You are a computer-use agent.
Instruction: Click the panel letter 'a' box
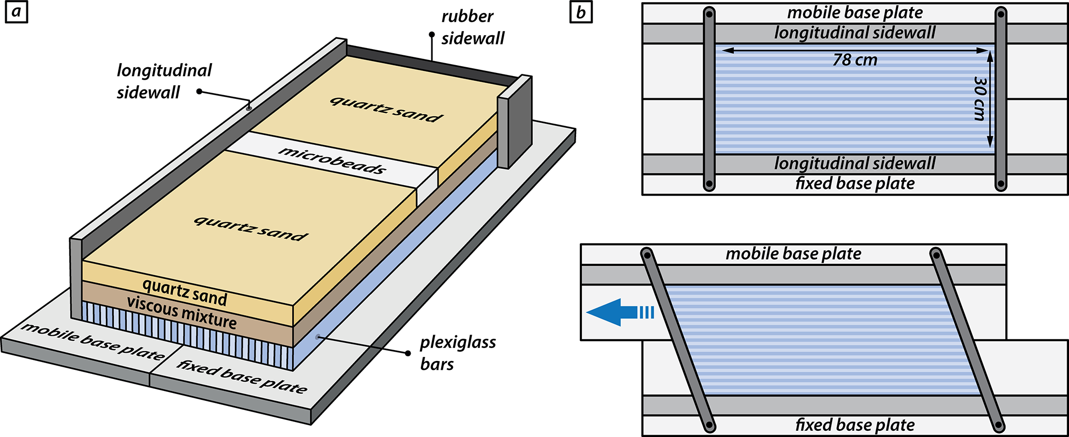(17, 12)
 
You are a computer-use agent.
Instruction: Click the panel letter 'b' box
(581, 12)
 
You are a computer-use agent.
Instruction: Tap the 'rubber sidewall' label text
(473, 27)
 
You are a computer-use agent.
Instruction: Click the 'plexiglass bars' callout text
(458, 353)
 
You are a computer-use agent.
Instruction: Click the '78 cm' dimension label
(855, 60)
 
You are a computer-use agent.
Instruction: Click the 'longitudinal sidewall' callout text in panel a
(164, 81)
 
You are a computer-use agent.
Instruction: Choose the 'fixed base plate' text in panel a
(242, 376)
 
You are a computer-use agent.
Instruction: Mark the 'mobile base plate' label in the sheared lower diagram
(793, 254)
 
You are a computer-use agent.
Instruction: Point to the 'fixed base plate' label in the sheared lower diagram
(855, 425)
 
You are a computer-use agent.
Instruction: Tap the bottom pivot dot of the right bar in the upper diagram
(1001, 184)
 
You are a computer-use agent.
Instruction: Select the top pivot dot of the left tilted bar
(646, 254)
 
